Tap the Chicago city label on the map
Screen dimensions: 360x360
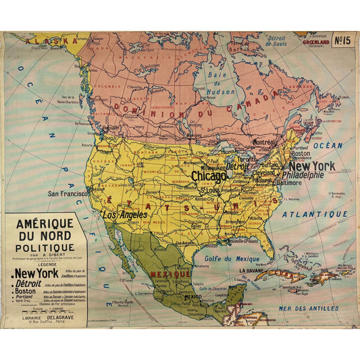[209, 176]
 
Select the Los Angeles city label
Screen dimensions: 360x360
[125, 214]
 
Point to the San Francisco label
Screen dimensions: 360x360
[67, 193]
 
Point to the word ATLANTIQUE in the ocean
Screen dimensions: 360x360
[314, 214]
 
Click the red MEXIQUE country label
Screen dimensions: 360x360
[170, 275]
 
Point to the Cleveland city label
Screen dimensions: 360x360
[263, 172]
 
